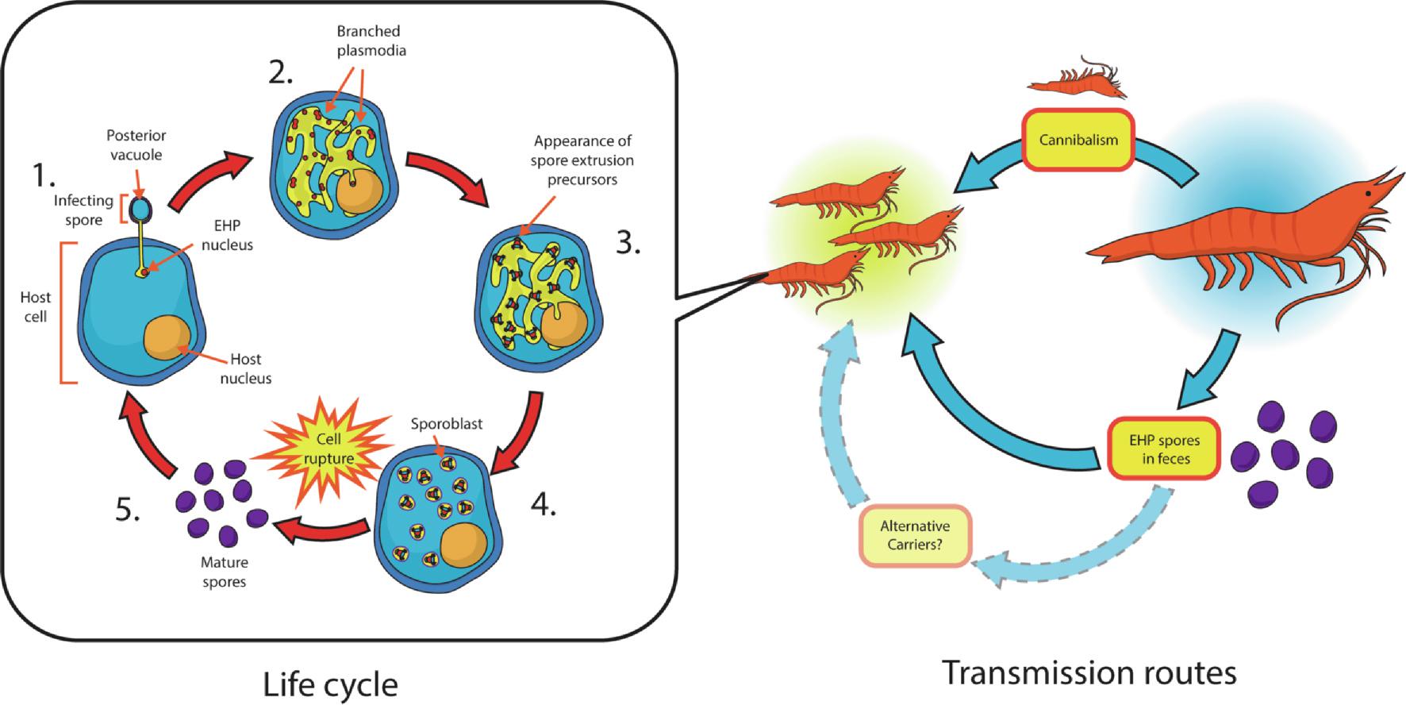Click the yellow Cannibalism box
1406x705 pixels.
coord(1078,140)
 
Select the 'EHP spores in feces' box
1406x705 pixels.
coord(1164,449)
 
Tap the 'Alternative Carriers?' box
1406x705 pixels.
coord(915,535)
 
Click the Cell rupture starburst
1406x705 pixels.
coord(328,449)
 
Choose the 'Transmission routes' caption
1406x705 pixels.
coord(1089,672)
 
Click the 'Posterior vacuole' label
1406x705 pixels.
coord(136,144)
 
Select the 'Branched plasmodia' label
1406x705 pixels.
coord(370,40)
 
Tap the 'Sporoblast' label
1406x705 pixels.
coord(446,424)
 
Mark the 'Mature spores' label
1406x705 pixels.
coord(224,572)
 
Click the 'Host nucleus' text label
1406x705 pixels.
coord(245,369)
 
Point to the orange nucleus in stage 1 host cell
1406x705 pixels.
coord(167,337)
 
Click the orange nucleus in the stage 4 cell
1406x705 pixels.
coord(463,543)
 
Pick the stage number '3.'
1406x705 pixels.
coord(628,243)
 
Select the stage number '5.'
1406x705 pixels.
coord(128,510)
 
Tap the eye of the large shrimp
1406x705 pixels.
coord(1368,192)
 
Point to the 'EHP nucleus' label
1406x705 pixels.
coord(227,235)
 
